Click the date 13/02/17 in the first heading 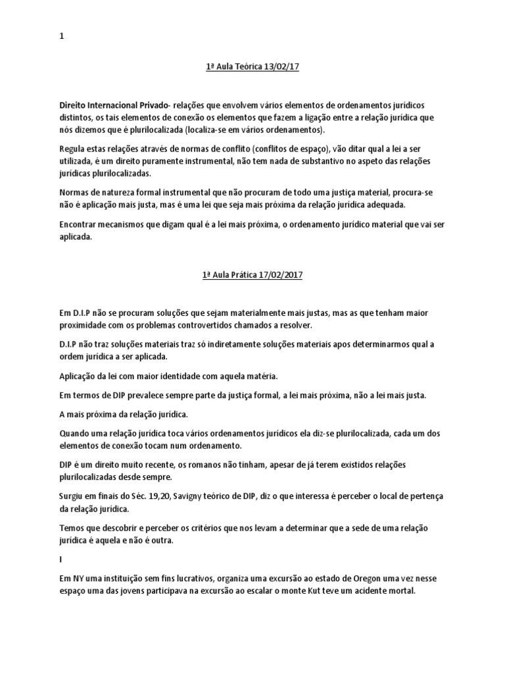point(281,67)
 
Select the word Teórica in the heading point(245,67)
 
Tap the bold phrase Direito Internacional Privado point(113,105)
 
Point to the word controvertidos point(214,326)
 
